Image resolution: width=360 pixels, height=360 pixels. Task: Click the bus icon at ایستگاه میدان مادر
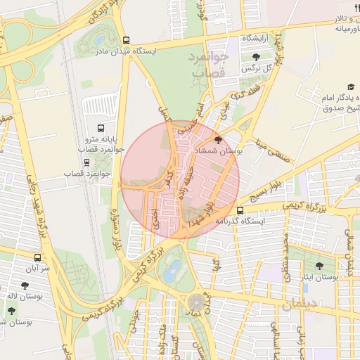tap(126, 40)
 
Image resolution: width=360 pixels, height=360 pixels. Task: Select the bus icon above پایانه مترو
tap(101, 129)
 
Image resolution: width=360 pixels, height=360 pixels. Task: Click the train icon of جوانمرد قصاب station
tap(86, 162)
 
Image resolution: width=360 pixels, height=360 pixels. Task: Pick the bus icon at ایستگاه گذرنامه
tap(240, 210)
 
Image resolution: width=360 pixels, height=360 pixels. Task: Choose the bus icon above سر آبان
tap(37, 257)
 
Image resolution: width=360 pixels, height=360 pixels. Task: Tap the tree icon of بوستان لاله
tap(25, 285)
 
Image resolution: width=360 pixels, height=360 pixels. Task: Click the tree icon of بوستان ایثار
tap(320, 266)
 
